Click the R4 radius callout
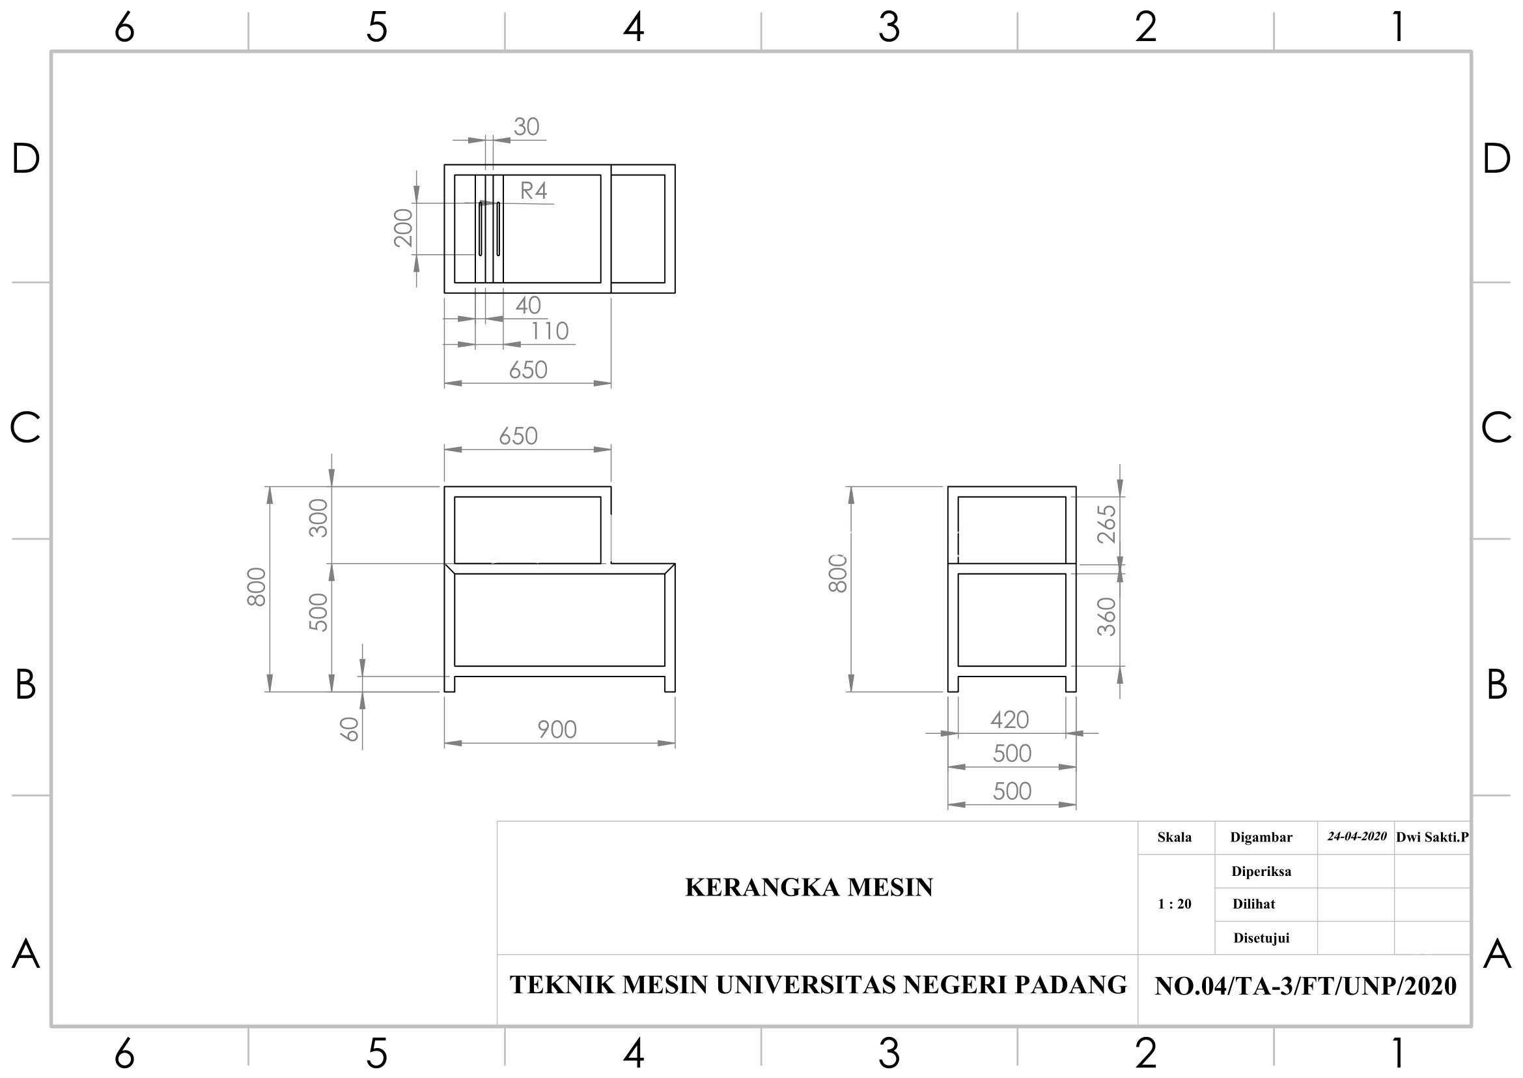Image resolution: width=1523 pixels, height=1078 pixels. pyautogui.click(x=533, y=191)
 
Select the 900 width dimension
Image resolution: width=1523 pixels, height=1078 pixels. pyautogui.click(x=557, y=729)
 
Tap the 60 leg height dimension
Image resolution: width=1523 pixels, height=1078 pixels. pyautogui.click(x=350, y=729)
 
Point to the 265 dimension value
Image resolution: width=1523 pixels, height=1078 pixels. pyautogui.click(x=1106, y=525)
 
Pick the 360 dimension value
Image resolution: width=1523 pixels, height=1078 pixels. pyautogui.click(x=1106, y=617)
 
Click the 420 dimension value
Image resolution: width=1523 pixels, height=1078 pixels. pyautogui.click(x=1010, y=720)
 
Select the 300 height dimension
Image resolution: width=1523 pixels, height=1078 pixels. pyautogui.click(x=318, y=517)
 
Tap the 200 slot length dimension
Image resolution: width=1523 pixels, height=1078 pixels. pyautogui.click(x=403, y=227)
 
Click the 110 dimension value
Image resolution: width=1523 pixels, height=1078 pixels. pyautogui.click(x=550, y=331)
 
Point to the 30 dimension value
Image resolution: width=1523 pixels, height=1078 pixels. pyautogui.click(x=527, y=127)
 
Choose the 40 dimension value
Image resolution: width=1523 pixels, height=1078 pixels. pyautogui.click(x=528, y=305)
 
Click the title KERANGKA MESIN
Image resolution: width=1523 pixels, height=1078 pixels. pyautogui.click(x=809, y=888)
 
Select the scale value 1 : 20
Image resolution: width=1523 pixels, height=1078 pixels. pyautogui.click(x=1175, y=904)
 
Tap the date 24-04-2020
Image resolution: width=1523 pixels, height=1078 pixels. pyautogui.click(x=1357, y=836)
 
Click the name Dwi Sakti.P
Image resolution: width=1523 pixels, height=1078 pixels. pyautogui.click(x=1432, y=837)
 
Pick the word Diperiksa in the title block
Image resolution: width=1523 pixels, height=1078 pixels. pyautogui.click(x=1262, y=871)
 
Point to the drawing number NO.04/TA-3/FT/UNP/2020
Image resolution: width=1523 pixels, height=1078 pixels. pyautogui.click(x=1306, y=986)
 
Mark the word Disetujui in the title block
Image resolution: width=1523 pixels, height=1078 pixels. pyautogui.click(x=1262, y=938)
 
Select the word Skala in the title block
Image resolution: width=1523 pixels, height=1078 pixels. pyautogui.click(x=1175, y=838)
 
